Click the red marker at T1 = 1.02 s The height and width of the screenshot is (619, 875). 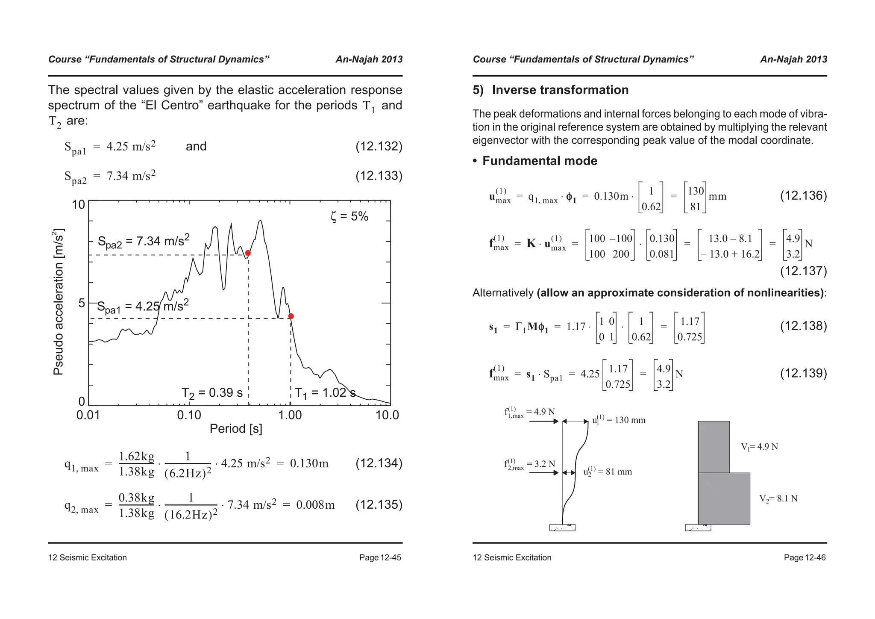(x=291, y=316)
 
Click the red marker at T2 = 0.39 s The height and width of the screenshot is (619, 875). (x=248, y=253)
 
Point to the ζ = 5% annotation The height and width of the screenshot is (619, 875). (x=349, y=217)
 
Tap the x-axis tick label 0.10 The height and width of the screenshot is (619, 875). (x=189, y=415)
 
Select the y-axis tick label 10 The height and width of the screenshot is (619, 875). (x=79, y=205)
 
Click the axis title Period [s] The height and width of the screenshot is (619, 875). (x=236, y=429)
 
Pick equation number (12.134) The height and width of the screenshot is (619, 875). (x=379, y=463)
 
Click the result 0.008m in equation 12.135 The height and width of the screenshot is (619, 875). (x=315, y=505)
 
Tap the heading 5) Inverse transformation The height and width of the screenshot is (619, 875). (x=550, y=90)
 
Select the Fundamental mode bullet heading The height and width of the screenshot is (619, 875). (x=539, y=161)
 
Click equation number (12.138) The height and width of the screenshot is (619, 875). (x=803, y=326)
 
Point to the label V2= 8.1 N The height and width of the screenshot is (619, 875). (x=778, y=498)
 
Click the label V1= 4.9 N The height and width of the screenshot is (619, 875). (x=759, y=447)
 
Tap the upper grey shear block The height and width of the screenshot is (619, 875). (x=714, y=447)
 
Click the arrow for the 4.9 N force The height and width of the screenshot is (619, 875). (x=543, y=422)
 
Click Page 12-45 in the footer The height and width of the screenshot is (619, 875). (x=380, y=557)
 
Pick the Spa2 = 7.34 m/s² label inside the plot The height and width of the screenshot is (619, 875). (x=144, y=242)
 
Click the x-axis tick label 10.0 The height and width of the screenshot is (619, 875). (x=387, y=415)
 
